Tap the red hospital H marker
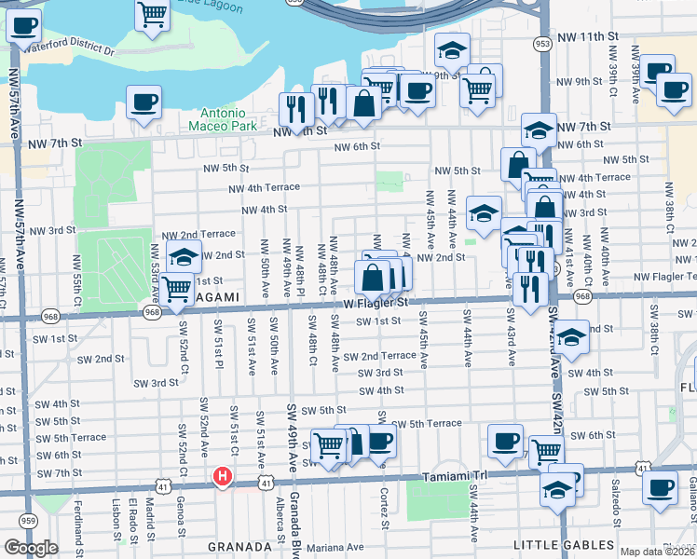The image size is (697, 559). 222,477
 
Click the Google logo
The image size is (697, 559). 32,547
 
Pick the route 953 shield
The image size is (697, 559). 542,43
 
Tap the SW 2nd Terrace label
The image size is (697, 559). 379,356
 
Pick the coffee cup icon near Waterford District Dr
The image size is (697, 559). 24,27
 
